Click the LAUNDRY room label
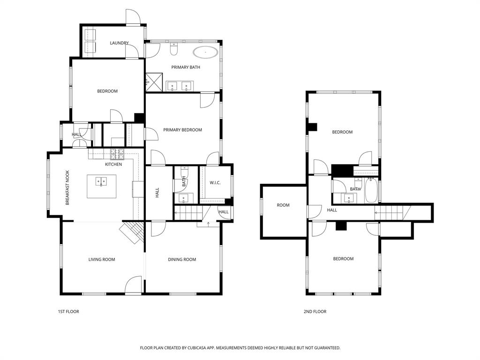[x=119, y=43]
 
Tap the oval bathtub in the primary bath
[x=205, y=52]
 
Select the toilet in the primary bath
[x=174, y=48]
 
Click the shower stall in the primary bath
[x=154, y=81]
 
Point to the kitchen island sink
[x=101, y=181]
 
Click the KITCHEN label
[x=113, y=165]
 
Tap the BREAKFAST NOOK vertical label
[x=67, y=187]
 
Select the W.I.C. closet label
[x=215, y=182]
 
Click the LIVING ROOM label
[x=102, y=260]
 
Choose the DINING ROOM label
[x=182, y=260]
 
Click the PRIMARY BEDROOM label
[x=182, y=130]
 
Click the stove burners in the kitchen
[x=116, y=153]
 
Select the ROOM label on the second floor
[x=283, y=205]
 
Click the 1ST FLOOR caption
[x=68, y=312]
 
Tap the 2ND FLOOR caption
[x=315, y=312]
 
